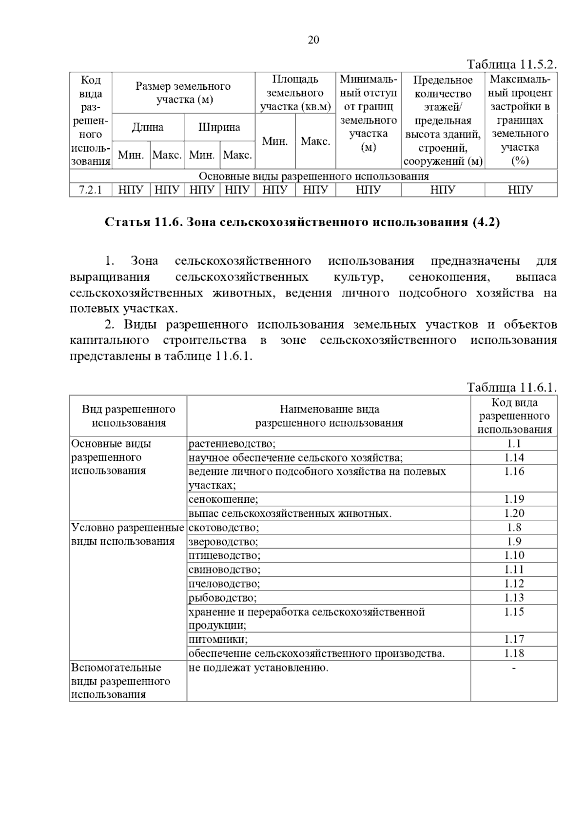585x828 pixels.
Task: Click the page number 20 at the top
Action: click(x=313, y=40)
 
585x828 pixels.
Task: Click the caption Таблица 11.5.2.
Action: click(x=511, y=64)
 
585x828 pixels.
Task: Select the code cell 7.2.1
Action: click(x=91, y=190)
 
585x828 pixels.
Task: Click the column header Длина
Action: click(x=148, y=127)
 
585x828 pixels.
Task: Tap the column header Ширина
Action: click(x=219, y=127)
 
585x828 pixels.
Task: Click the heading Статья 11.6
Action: click(x=303, y=222)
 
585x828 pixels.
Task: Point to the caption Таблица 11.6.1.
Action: click(x=511, y=387)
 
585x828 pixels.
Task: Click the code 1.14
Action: click(x=514, y=457)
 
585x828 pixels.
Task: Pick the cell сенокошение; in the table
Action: click(x=223, y=499)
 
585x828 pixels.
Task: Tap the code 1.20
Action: click(x=514, y=513)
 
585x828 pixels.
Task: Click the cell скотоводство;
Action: click(x=224, y=528)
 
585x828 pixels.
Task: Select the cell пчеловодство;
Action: click(x=224, y=584)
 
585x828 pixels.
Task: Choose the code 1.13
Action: click(x=514, y=597)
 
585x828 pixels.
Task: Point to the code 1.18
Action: click(x=514, y=653)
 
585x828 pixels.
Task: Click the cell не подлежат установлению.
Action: click(x=258, y=668)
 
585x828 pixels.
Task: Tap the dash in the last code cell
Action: click(x=514, y=668)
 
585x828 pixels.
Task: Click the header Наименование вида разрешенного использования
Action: click(x=329, y=416)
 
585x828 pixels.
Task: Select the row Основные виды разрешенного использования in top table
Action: click(x=313, y=176)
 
